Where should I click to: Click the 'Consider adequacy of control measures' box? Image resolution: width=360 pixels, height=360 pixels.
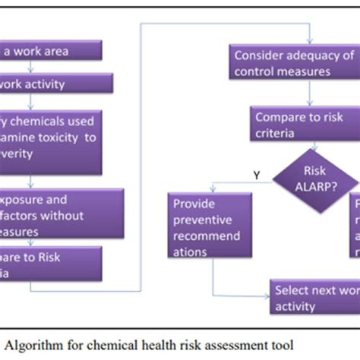click(293, 64)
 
